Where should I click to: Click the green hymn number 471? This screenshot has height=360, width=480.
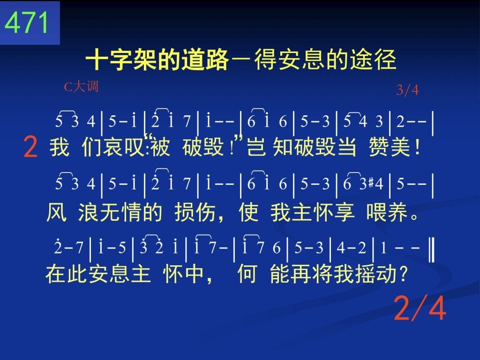[x=27, y=22]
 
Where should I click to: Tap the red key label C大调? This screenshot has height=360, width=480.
[x=82, y=87]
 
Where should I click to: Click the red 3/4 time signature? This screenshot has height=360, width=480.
[x=407, y=90]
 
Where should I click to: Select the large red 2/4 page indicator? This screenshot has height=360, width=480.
[x=420, y=308]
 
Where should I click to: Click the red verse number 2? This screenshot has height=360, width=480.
[x=30, y=147]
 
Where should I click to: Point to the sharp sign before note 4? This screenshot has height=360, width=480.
[x=371, y=183]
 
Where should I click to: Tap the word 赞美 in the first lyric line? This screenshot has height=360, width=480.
[x=390, y=147]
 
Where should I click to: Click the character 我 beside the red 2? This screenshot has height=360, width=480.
[x=60, y=147]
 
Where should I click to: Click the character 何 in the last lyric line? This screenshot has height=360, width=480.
[x=247, y=274]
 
